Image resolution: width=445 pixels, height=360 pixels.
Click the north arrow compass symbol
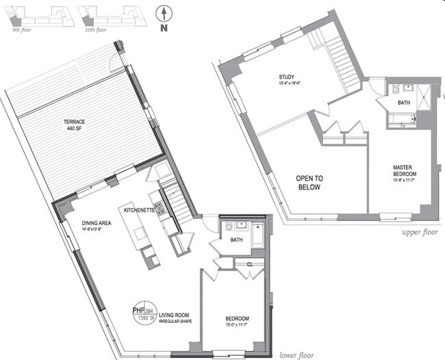coord(163,14)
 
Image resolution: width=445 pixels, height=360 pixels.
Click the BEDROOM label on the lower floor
coord(238,319)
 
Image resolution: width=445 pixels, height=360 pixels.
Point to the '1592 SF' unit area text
coord(144,318)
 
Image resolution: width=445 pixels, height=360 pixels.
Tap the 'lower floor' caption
coord(296,355)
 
